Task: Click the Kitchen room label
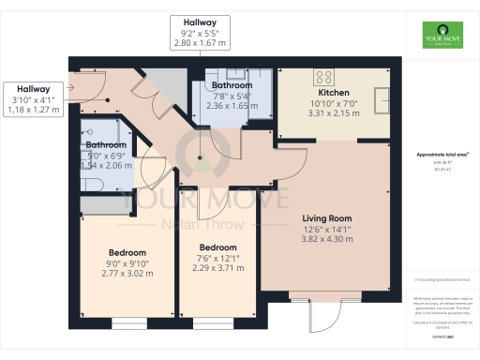click(x=334, y=93)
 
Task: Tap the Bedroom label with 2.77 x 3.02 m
click(x=127, y=253)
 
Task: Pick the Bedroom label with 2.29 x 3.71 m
click(x=215, y=247)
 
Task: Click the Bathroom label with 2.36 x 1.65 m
click(x=231, y=85)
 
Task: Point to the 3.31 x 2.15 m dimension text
click(x=334, y=113)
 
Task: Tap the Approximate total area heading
click(x=442, y=154)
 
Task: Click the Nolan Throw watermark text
click(x=201, y=225)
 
